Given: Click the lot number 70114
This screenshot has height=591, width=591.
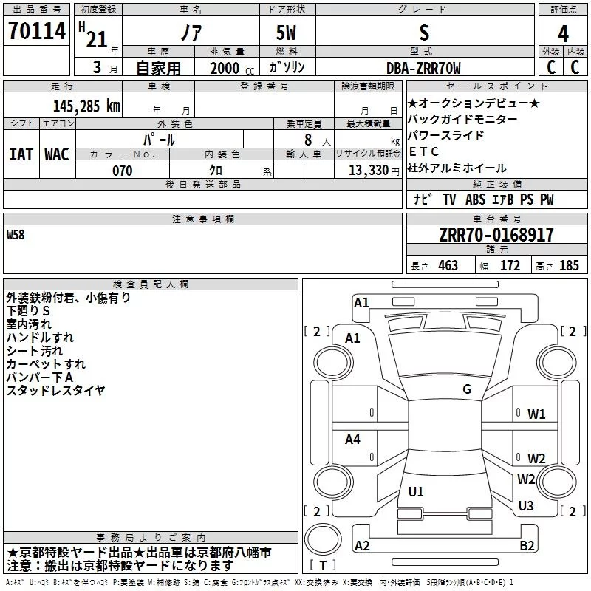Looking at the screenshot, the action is pyautogui.click(x=37, y=31).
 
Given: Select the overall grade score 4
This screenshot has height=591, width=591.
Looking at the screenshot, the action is pyautogui.click(x=563, y=34).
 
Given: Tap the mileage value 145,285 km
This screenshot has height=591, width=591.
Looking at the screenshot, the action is pyautogui.click(x=86, y=106).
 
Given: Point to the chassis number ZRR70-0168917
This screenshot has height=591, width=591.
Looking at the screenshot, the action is pyautogui.click(x=496, y=235).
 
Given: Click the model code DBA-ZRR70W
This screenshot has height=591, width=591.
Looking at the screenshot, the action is pyautogui.click(x=423, y=68).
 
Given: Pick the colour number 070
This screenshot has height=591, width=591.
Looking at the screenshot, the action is pyautogui.click(x=123, y=171).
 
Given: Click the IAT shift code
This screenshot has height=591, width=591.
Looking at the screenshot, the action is pyautogui.click(x=21, y=154).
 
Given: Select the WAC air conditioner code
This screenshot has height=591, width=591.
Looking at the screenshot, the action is pyautogui.click(x=57, y=154).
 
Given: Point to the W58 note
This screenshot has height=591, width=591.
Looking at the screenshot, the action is pyautogui.click(x=16, y=235).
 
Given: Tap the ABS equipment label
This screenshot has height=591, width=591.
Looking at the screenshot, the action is pyautogui.click(x=475, y=199).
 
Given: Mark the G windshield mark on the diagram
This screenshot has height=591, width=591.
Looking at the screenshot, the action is pyautogui.click(x=467, y=389).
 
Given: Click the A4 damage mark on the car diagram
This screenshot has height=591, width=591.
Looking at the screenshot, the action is pyautogui.click(x=352, y=439).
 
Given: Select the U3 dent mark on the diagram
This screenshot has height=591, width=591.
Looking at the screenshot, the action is pyautogui.click(x=526, y=505).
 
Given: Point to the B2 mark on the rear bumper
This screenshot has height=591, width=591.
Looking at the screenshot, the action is pyautogui.click(x=527, y=545).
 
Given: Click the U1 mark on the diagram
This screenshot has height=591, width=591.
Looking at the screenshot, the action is pyautogui.click(x=416, y=491).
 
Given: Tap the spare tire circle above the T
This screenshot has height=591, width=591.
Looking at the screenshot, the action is pyautogui.click(x=323, y=539).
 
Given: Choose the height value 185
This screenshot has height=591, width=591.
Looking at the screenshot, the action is pyautogui.click(x=569, y=265).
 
